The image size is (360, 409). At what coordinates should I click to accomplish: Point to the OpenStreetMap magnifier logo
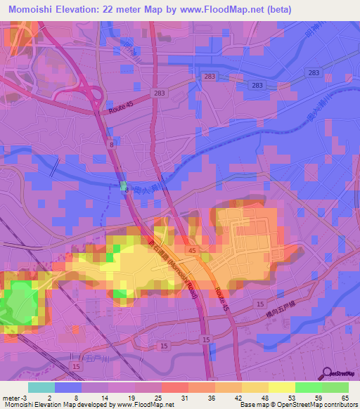[x=328, y=373]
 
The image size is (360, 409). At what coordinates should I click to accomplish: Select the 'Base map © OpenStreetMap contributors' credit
[x=298, y=405]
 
